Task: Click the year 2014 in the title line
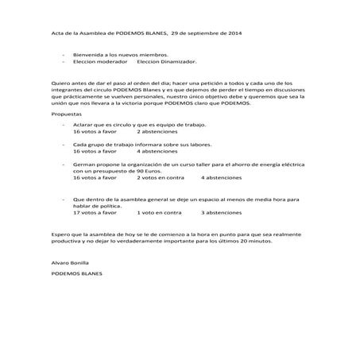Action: pyautogui.click(x=234, y=34)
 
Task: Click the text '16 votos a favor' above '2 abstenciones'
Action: pyautogui.click(x=94, y=132)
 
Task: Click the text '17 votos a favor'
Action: pyautogui.click(x=94, y=213)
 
